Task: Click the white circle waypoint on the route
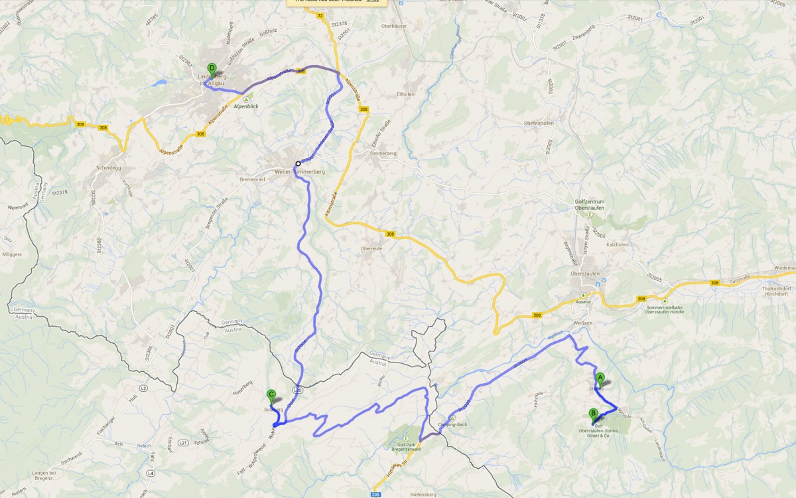298,163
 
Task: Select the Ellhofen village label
406,94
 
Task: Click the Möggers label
13,254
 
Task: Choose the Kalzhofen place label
617,245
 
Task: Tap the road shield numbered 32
320,14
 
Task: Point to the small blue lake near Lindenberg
159,84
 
